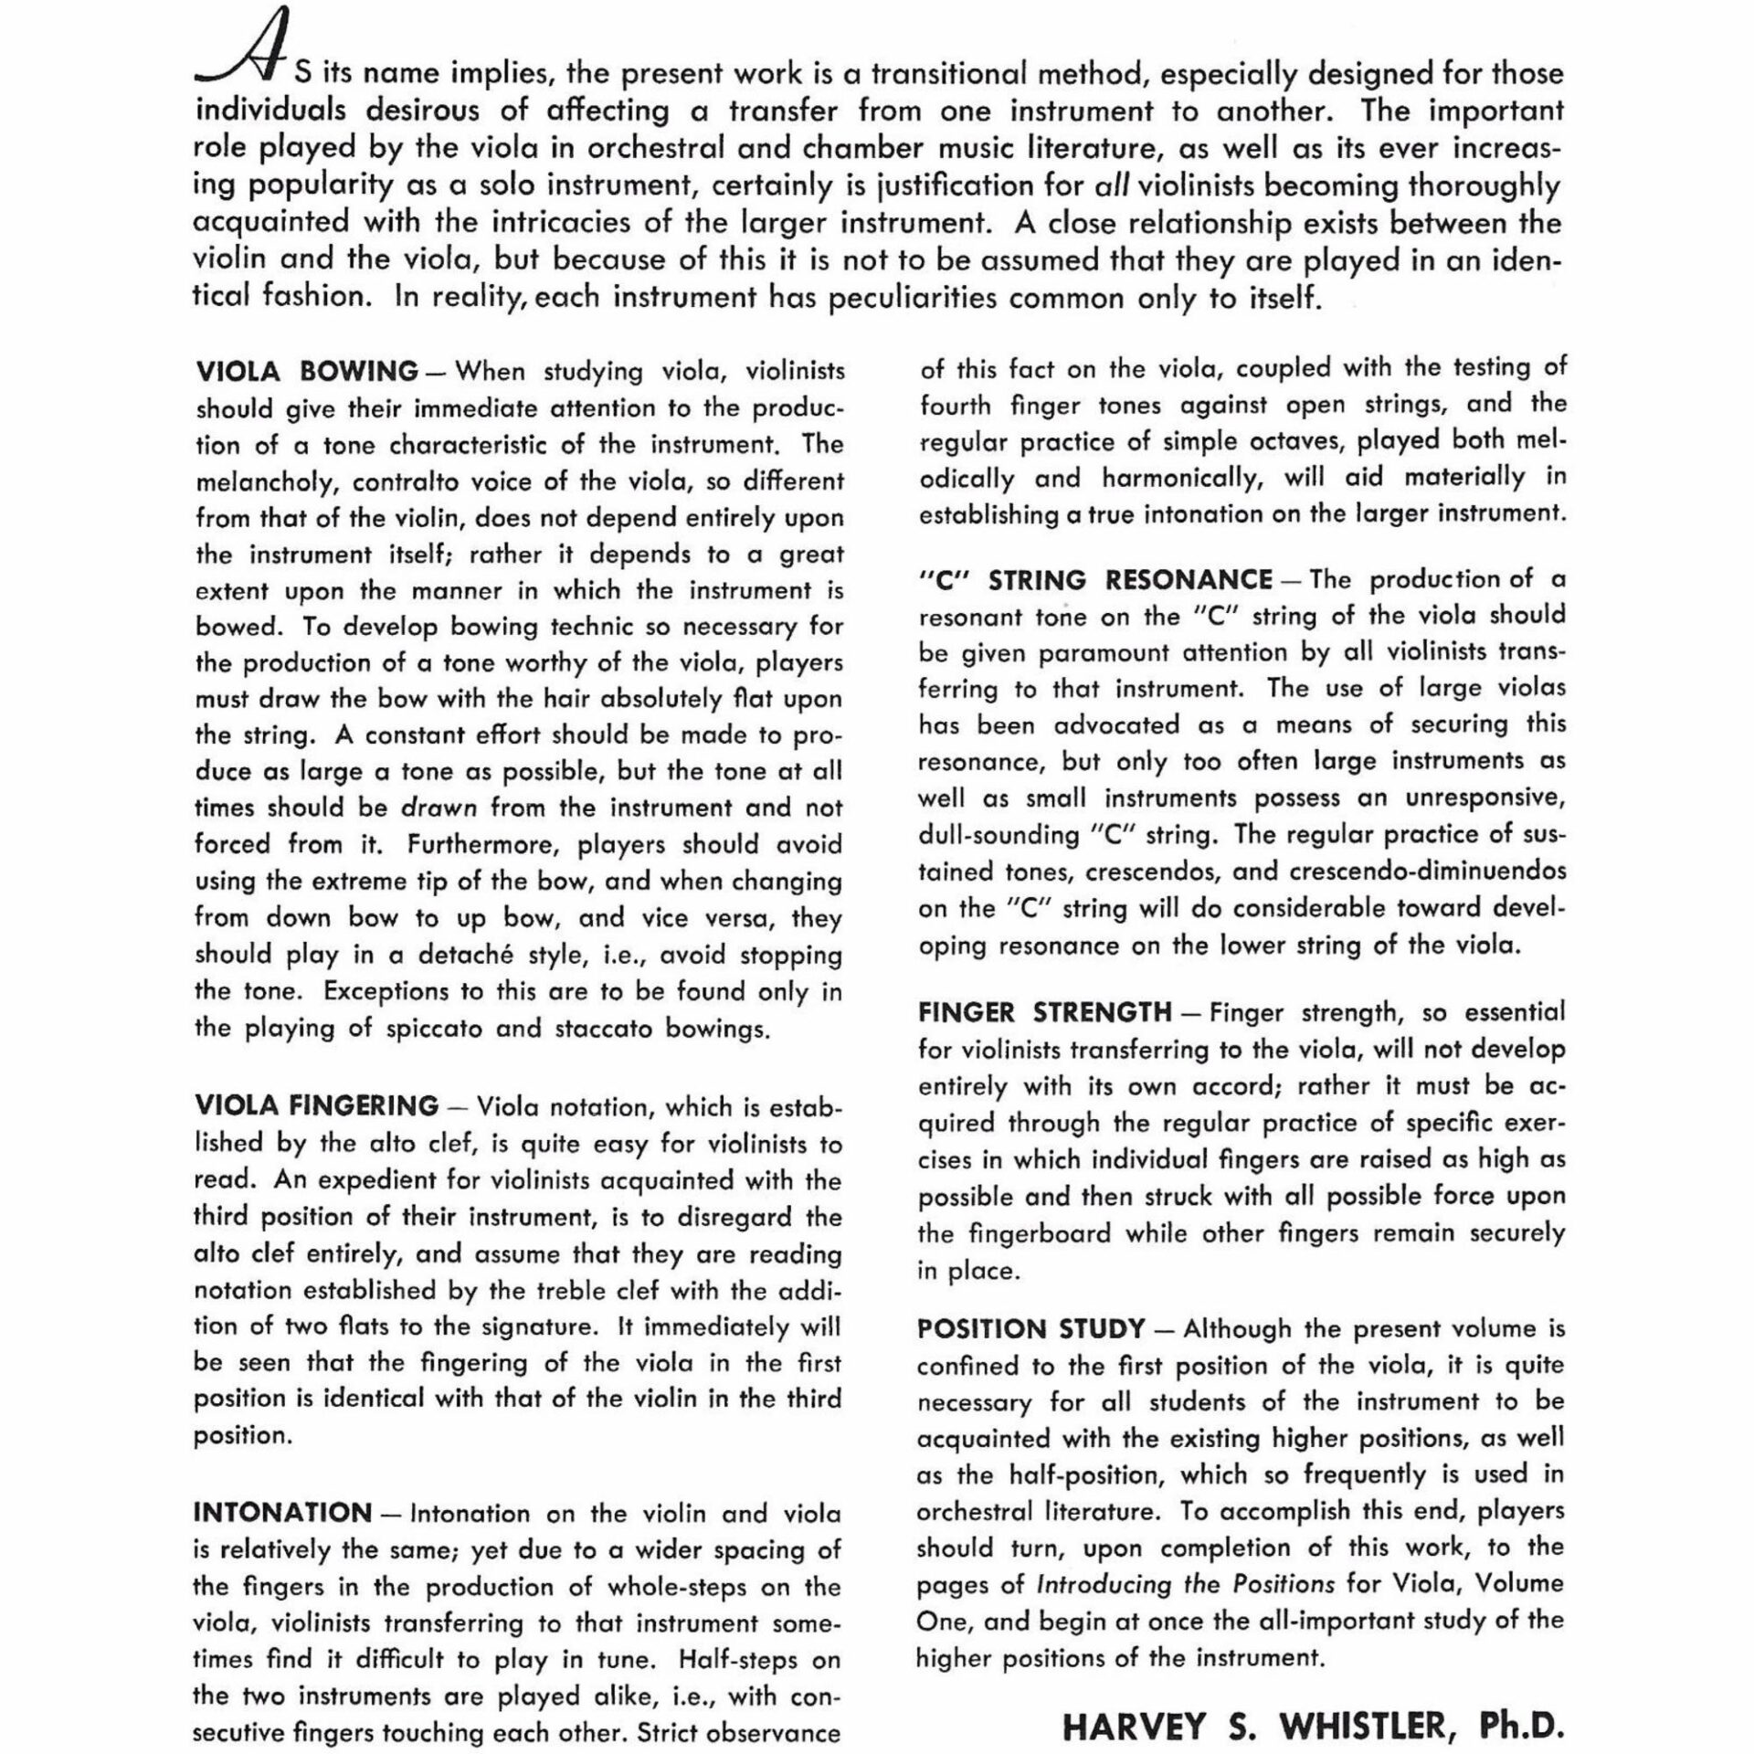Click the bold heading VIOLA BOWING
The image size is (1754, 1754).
[x=307, y=372]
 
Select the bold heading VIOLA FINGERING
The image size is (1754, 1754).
[x=316, y=1105]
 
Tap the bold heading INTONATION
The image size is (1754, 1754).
[x=282, y=1512]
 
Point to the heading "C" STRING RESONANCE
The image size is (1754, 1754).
[x=1095, y=579]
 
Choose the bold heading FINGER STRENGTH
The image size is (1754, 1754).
[x=1044, y=1012]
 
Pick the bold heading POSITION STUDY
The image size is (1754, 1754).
[x=1030, y=1327]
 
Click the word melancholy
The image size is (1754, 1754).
[x=264, y=481]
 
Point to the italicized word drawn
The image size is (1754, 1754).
[x=439, y=808]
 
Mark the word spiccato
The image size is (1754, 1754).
[x=425, y=1029]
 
